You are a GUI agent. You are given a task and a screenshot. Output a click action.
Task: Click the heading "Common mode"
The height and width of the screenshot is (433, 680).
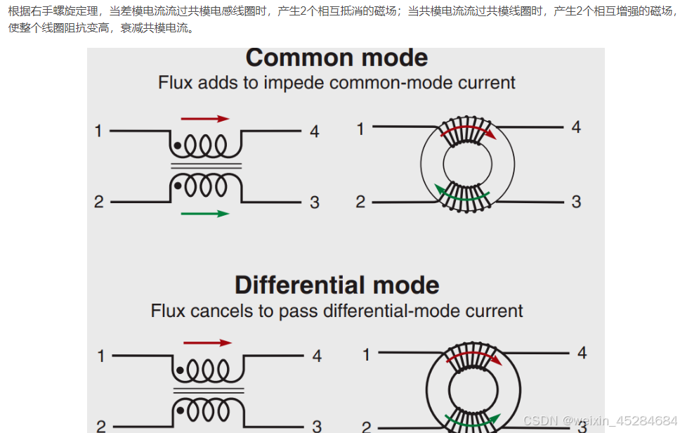tap(336, 58)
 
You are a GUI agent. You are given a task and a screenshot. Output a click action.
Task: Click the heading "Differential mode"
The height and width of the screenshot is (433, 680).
tap(336, 285)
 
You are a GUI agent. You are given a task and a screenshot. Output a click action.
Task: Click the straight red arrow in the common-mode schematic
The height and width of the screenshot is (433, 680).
tap(205, 119)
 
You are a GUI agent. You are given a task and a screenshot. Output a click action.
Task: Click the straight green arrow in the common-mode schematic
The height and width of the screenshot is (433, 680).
tap(205, 214)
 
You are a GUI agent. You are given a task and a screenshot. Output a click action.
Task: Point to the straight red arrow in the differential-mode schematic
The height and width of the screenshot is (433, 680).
tap(207, 343)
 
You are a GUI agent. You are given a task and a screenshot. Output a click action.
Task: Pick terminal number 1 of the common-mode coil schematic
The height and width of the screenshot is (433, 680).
tap(98, 131)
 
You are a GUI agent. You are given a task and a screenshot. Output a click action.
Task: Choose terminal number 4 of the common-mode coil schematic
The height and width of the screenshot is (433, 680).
tap(314, 131)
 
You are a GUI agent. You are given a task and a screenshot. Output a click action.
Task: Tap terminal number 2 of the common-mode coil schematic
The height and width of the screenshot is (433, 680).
tap(98, 202)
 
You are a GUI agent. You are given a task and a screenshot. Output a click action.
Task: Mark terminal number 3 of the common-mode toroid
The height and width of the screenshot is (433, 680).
tap(576, 202)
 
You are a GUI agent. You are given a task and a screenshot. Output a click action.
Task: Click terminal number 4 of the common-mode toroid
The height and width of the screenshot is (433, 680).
tap(576, 127)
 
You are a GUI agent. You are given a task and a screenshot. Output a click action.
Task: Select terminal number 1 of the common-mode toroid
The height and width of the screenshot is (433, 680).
tap(360, 129)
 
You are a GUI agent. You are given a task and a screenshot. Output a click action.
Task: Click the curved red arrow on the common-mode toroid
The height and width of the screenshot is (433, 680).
tap(468, 130)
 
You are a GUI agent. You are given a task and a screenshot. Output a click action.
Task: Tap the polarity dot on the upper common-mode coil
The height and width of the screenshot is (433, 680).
tap(178, 146)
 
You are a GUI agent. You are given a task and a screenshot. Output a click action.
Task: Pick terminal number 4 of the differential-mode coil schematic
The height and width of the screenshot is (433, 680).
tap(317, 356)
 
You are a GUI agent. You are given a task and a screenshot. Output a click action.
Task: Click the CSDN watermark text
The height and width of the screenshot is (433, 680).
tap(600, 420)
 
